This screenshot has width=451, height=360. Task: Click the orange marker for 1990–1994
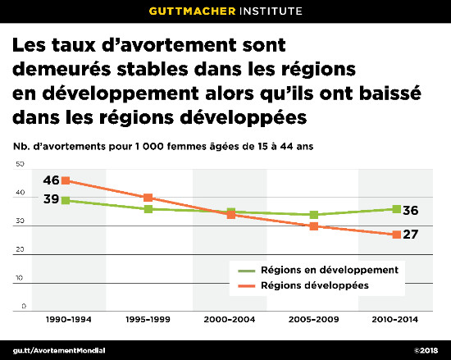tap(66, 180)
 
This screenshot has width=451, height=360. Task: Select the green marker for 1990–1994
tap(66, 200)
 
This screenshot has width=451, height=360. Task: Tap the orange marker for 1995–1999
tap(148, 198)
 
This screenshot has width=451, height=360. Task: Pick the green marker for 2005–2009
tap(313, 215)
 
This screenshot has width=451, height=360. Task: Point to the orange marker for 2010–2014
tap(396, 235)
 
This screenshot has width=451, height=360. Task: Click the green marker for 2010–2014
tap(396, 209)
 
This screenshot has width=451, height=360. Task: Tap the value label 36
tap(413, 210)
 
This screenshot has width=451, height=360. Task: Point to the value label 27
tap(413, 235)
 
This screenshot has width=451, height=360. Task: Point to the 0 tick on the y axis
tap(23, 306)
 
